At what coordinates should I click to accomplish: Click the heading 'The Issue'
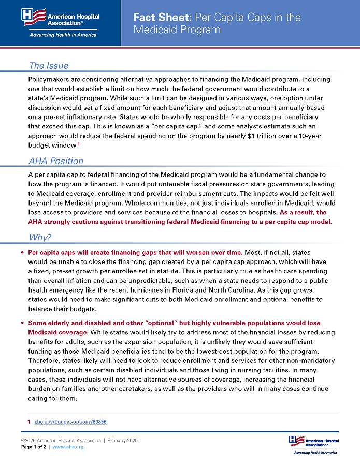point(48,66)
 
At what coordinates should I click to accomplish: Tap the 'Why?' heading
point(40,238)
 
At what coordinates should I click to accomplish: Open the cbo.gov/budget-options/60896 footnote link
point(70,422)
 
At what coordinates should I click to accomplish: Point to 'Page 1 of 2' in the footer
point(34,447)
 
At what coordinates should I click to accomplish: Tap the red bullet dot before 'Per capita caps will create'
point(22,253)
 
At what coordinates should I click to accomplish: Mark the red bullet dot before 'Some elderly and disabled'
point(22,323)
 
